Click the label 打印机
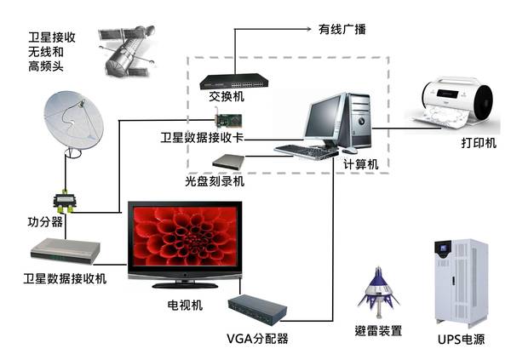478,142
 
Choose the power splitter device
64,201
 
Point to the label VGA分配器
257,339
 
